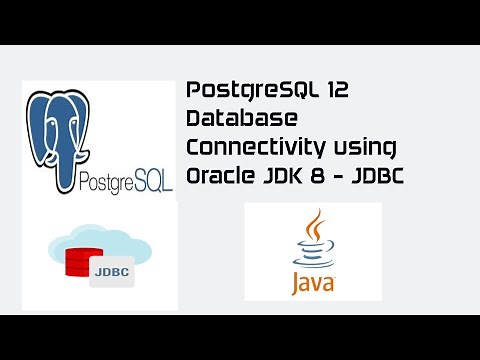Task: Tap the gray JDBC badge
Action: pos(112,271)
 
